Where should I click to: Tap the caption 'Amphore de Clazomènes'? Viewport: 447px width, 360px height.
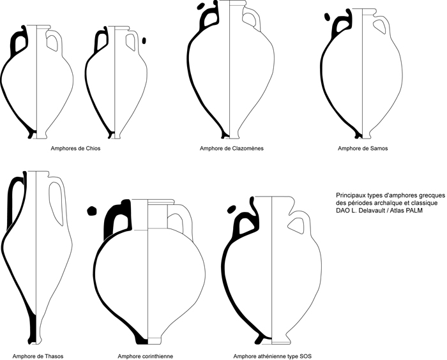(231, 149)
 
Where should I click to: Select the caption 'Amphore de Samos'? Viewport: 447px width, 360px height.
(363, 149)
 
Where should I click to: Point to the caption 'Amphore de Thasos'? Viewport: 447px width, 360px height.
(38, 356)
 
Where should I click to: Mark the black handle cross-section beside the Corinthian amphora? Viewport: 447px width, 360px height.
(91, 209)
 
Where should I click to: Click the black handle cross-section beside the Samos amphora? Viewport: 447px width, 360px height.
(328, 17)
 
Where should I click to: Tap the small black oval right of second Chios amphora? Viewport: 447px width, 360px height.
(144, 40)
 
